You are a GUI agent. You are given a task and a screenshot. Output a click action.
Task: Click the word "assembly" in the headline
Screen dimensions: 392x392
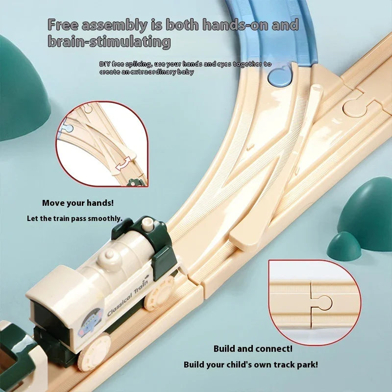click(x=115, y=25)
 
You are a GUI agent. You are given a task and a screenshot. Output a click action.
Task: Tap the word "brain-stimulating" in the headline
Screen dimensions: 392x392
click(x=109, y=41)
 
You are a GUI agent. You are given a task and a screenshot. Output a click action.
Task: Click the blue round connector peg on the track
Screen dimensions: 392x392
click(x=280, y=77)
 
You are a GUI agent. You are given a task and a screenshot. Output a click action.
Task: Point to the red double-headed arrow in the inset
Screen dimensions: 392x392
click(x=123, y=164)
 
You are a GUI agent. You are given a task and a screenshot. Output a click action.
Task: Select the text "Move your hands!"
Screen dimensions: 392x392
click(x=78, y=203)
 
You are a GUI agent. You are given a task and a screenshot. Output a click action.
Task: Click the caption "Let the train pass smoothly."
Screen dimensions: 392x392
click(x=75, y=219)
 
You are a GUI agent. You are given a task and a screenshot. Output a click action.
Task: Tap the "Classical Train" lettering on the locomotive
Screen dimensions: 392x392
click(x=127, y=298)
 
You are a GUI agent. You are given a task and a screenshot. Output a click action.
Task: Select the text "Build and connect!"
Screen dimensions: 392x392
click(x=253, y=349)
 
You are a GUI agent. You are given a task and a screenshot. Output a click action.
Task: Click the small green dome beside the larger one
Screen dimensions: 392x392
click(x=344, y=247)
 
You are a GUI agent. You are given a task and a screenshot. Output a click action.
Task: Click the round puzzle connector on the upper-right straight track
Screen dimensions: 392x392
click(x=354, y=109)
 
